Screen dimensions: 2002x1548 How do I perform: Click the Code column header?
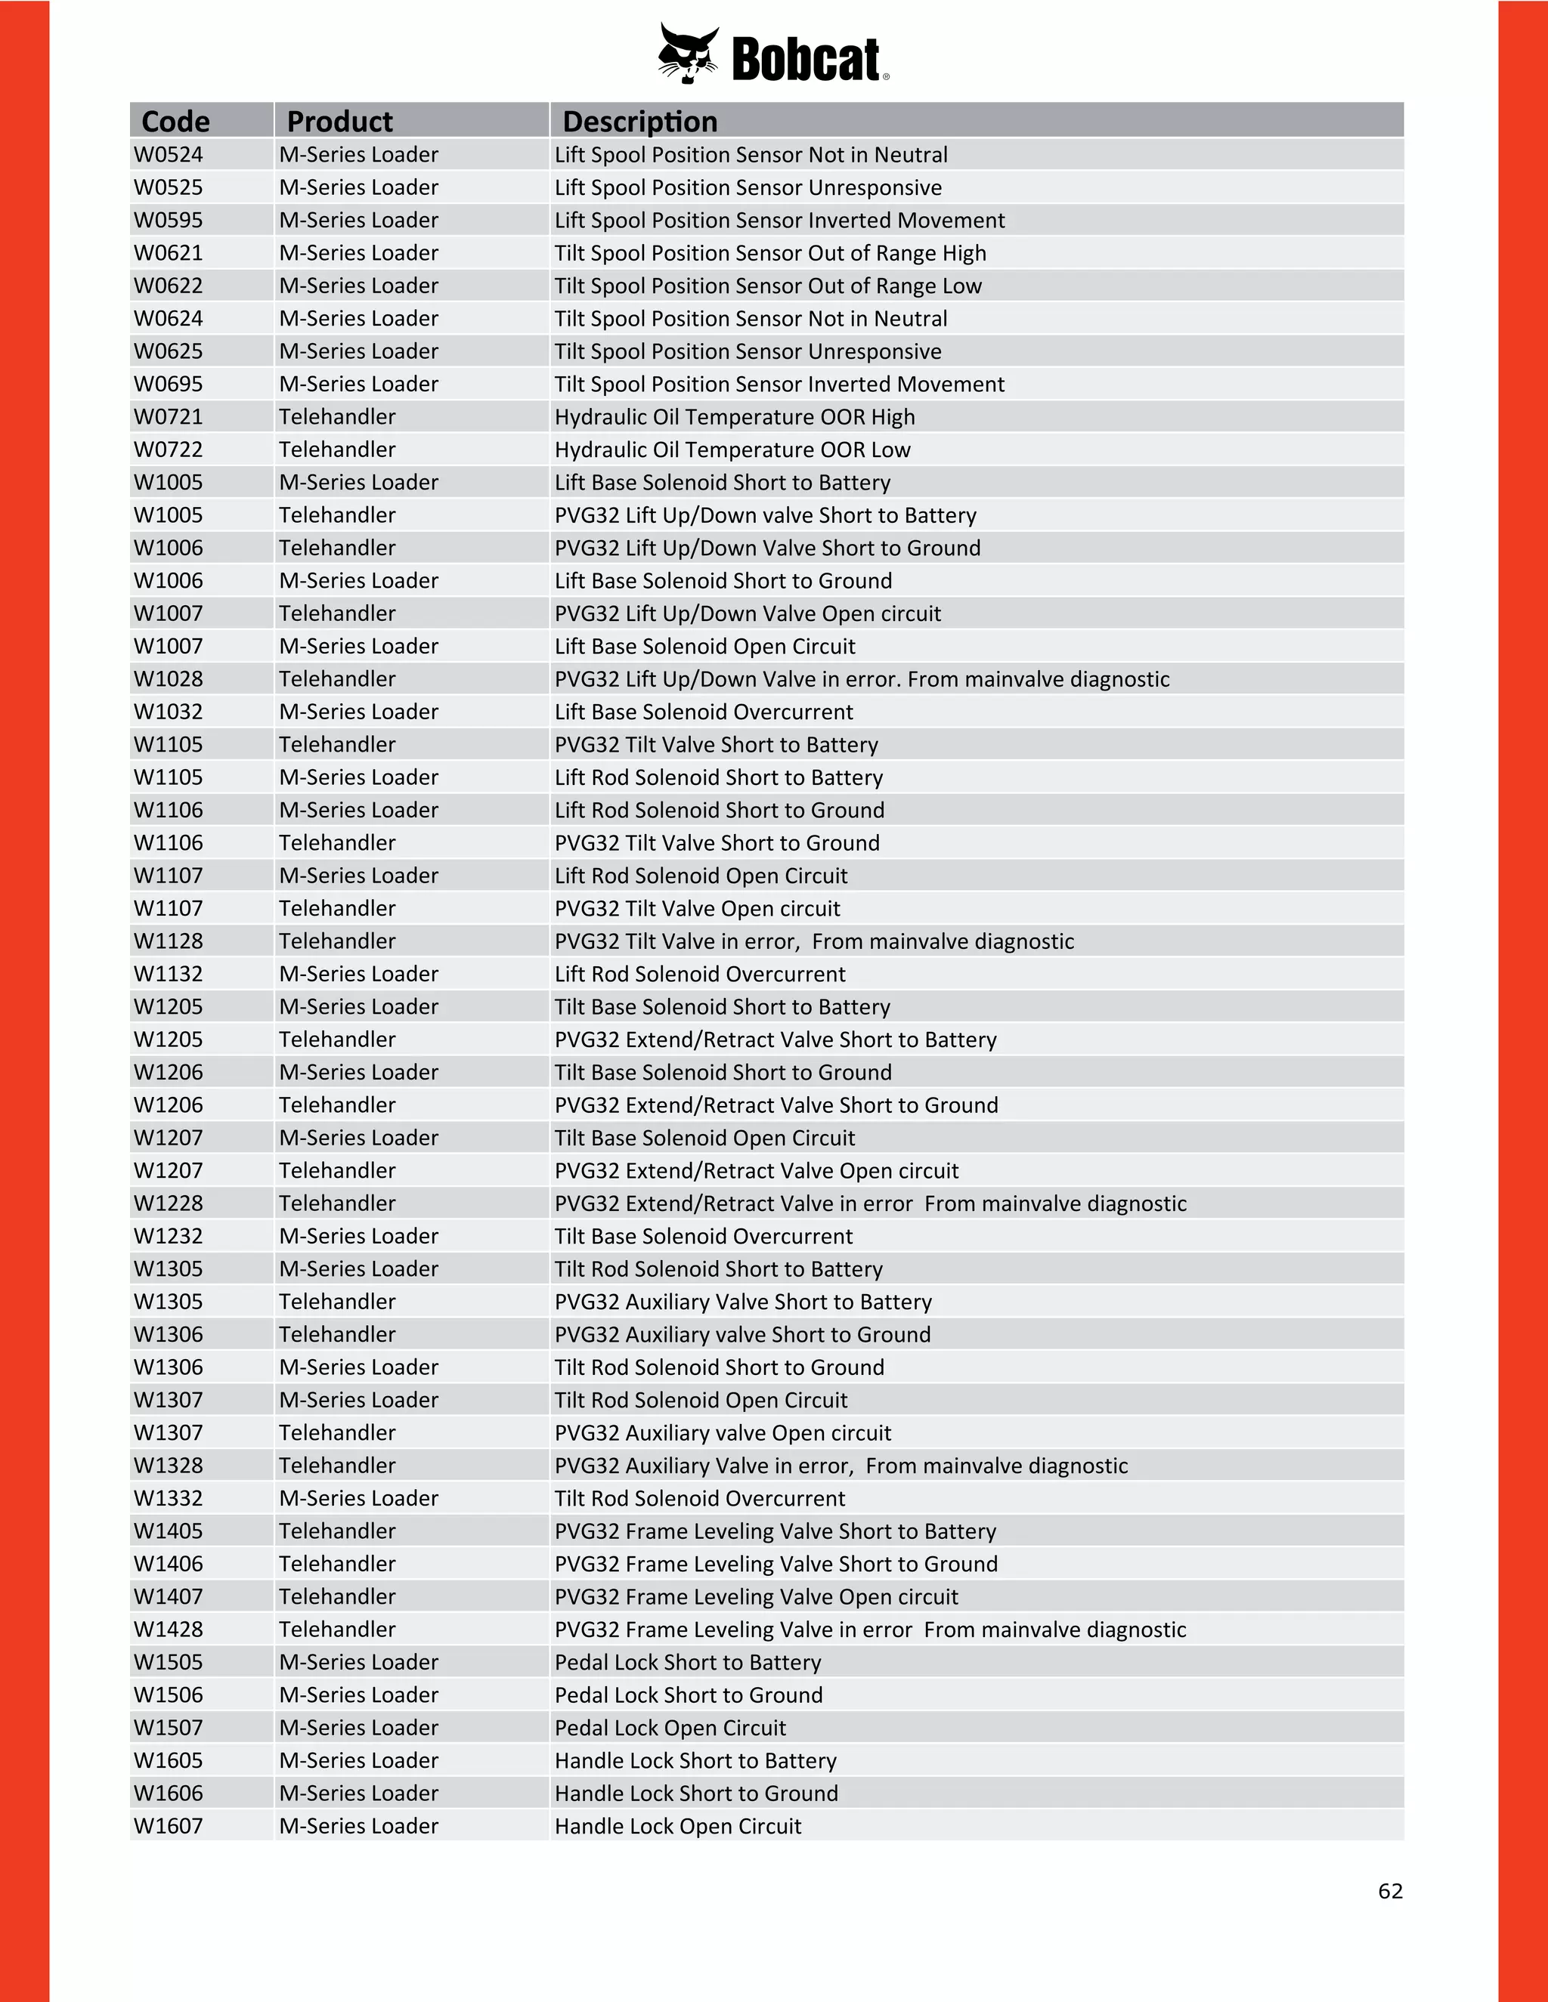coord(175,121)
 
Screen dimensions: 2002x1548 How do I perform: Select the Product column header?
coord(339,121)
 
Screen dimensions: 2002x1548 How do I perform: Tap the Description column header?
coord(639,121)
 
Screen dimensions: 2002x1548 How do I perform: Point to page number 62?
coord(1389,1891)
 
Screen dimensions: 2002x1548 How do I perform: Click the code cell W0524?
coord(169,155)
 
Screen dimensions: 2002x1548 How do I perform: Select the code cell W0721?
coord(169,417)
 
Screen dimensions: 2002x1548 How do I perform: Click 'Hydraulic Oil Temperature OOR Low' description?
coord(732,450)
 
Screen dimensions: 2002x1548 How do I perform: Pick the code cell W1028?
coord(169,679)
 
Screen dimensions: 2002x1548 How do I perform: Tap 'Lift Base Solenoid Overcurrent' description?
coord(704,712)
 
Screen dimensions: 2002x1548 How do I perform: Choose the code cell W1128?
coord(169,941)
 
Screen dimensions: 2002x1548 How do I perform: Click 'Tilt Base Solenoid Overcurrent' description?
coord(704,1237)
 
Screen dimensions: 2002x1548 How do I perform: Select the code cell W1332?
coord(169,1499)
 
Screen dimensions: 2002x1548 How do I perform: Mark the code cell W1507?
coord(169,1728)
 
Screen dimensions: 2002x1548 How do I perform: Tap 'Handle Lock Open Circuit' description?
coord(678,1826)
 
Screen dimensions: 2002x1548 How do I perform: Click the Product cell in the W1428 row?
coord(336,1630)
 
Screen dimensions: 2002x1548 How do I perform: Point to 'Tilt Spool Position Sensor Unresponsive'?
coord(748,352)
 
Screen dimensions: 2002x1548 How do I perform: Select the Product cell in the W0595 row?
coord(358,221)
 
